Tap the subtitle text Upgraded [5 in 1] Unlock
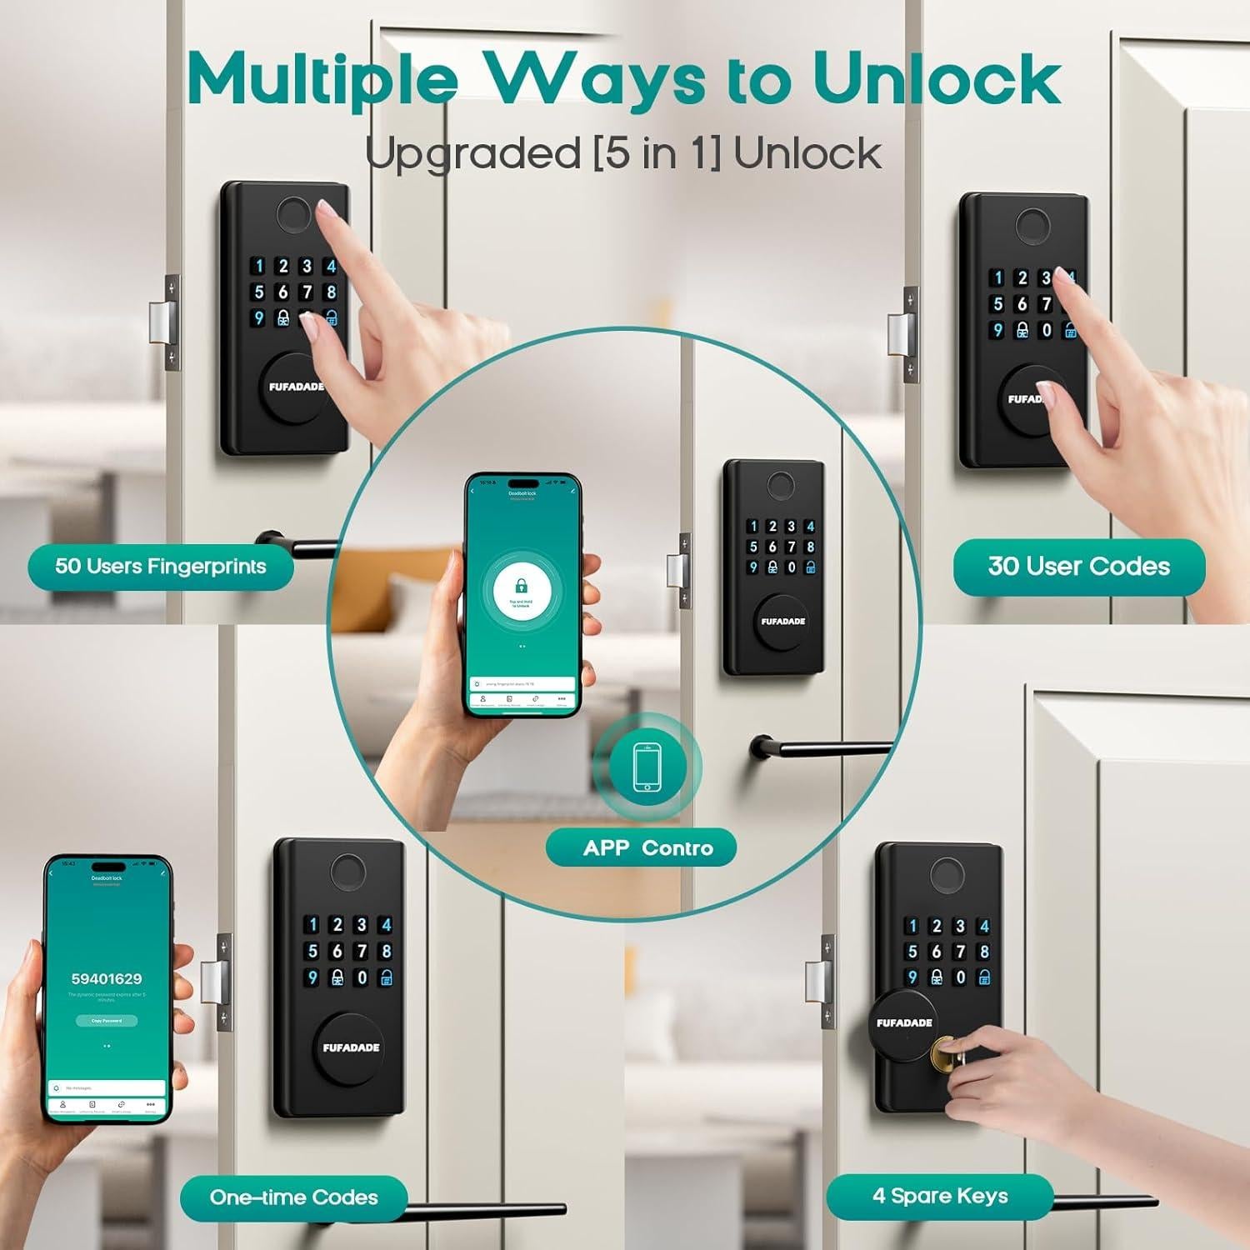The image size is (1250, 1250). point(622,153)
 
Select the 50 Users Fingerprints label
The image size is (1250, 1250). point(161,567)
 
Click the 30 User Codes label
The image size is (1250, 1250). point(1078,567)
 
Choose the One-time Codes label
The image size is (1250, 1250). point(293,1197)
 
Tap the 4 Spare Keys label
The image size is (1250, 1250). point(940,1196)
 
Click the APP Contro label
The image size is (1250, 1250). point(647,848)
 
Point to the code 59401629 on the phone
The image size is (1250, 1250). point(107,979)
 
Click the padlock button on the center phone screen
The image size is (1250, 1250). point(522,587)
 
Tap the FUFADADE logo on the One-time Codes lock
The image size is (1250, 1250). point(351,1047)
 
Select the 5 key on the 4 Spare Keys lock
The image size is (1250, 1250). point(912,952)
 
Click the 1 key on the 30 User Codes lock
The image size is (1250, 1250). point(997,277)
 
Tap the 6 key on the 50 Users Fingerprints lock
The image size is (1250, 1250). point(283,292)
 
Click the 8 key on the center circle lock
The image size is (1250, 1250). point(809,547)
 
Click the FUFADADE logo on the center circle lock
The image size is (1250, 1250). point(782,621)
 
